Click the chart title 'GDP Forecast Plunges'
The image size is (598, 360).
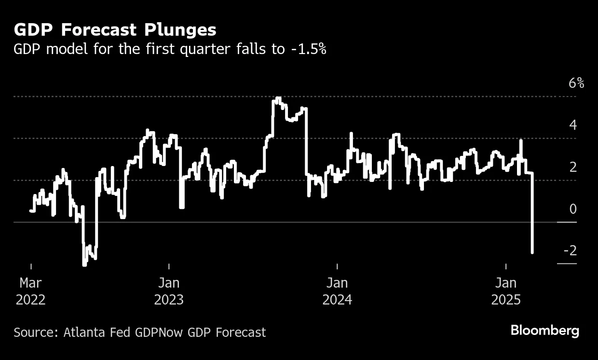(115, 30)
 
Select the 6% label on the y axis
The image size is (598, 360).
(576, 83)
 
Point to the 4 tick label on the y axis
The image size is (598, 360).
(573, 125)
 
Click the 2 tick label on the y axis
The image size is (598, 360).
(573, 167)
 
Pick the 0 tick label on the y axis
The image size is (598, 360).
(573, 209)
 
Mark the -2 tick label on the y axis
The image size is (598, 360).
(570, 251)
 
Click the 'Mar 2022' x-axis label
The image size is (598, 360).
(31, 291)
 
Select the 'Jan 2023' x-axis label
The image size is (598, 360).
(169, 291)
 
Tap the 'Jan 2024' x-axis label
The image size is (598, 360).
(337, 291)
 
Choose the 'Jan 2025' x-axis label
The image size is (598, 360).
(506, 291)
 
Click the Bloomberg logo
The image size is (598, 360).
(544, 331)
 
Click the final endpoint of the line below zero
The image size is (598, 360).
(532, 252)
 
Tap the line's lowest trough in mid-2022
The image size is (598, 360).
(84, 264)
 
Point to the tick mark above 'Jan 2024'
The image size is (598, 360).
(337, 266)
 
